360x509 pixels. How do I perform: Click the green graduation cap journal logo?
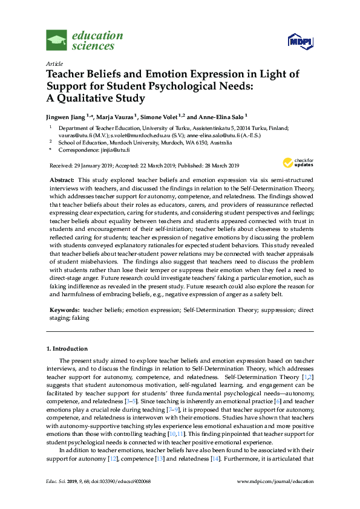pos(56,41)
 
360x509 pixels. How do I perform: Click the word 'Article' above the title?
pos(54,63)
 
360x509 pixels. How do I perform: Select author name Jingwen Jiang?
pos(66,116)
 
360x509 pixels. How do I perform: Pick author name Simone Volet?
pos(160,116)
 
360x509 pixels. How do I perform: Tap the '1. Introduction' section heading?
pos(67,349)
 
